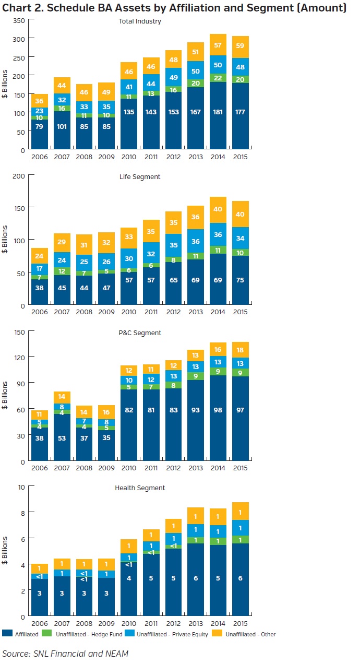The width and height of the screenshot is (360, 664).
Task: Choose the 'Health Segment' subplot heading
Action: (x=140, y=488)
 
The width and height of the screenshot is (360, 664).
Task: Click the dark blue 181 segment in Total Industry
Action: (x=219, y=112)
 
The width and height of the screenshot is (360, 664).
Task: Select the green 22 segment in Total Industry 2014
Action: (x=219, y=78)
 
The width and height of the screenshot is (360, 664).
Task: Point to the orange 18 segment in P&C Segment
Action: (x=241, y=350)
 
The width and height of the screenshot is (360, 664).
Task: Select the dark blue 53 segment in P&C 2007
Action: (x=62, y=438)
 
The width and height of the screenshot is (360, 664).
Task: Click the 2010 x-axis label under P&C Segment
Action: (x=129, y=468)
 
